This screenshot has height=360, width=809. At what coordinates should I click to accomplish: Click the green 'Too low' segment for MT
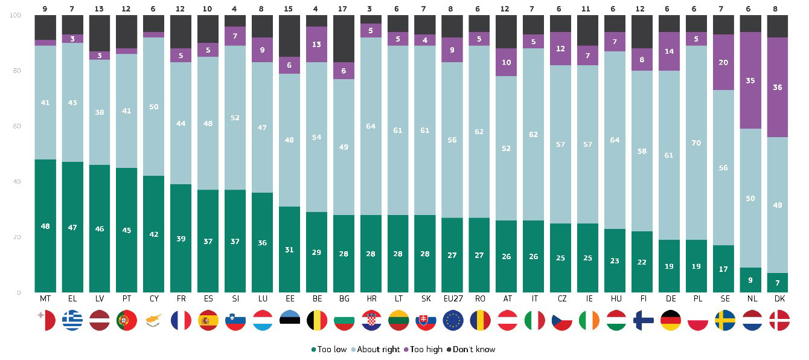45,226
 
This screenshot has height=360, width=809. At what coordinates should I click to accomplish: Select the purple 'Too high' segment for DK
777,87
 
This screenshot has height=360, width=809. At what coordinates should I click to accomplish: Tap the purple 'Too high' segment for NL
750,80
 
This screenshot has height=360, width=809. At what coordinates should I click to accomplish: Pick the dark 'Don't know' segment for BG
344,39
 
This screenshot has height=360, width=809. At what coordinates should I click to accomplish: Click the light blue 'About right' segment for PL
696,143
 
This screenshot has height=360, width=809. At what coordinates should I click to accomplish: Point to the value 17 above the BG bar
342,8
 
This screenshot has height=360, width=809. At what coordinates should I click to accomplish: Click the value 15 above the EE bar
288,8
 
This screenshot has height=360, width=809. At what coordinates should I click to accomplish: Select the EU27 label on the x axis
453,299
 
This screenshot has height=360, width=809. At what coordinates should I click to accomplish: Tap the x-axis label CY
154,299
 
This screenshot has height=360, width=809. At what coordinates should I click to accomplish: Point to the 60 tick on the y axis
17,126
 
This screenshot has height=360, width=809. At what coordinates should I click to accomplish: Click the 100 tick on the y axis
15,15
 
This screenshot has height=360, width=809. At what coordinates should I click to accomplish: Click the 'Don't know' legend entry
471,350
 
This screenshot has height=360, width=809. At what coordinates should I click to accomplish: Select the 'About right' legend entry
376,350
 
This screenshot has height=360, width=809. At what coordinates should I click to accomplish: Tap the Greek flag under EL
72,320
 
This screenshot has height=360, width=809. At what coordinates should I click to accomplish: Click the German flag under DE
670,320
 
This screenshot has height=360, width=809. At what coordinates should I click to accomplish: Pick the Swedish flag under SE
725,320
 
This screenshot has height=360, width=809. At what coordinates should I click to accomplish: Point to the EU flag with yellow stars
453,320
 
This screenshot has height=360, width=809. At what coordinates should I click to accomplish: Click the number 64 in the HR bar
371,126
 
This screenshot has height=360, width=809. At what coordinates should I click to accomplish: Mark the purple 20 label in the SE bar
723,63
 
